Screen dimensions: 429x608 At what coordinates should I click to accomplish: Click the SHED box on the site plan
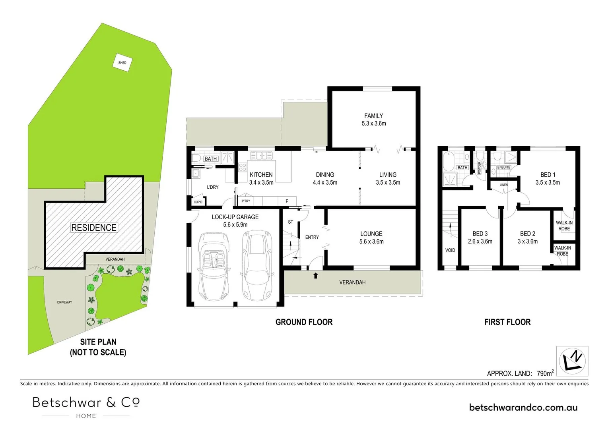[x=122, y=62]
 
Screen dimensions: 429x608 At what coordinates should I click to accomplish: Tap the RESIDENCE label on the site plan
[x=94, y=228]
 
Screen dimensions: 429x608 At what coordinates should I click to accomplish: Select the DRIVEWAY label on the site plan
[x=64, y=302]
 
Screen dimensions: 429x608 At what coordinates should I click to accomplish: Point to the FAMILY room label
[x=373, y=116]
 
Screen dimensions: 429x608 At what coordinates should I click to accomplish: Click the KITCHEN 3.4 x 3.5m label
[x=261, y=179]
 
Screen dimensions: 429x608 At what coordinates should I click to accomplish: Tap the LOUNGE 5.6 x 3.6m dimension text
[x=371, y=242]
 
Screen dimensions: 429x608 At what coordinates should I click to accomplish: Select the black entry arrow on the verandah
[x=316, y=275]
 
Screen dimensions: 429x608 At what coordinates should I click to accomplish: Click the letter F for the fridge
[x=287, y=201]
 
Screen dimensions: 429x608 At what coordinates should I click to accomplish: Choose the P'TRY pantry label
[x=246, y=201]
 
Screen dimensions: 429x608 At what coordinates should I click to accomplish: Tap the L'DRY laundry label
[x=212, y=187]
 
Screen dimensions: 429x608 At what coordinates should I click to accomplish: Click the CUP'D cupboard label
[x=198, y=202]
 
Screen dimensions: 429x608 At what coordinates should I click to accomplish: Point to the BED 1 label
[x=548, y=175]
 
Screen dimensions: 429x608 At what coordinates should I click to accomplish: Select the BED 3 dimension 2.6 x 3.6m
[x=480, y=242]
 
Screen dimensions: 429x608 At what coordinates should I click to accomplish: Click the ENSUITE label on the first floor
[x=503, y=167]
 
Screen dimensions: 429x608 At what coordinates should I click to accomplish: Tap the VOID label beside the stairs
[x=450, y=250]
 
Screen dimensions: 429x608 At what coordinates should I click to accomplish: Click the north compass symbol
[x=572, y=361]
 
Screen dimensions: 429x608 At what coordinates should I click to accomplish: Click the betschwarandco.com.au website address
[x=523, y=407]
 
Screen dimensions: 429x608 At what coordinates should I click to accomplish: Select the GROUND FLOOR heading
[x=304, y=322]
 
